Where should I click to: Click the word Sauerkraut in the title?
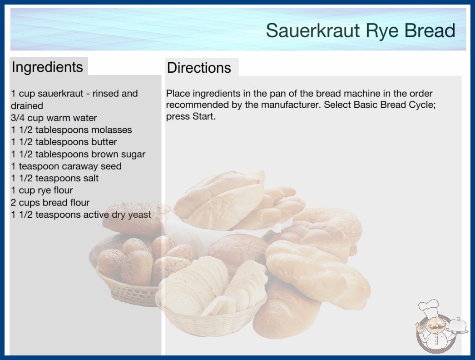coord(313,30)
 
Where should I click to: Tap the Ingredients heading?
coord(47,67)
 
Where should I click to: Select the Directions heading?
coord(199,68)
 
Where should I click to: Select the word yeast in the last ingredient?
coord(139,215)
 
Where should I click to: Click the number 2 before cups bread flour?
coord(13,202)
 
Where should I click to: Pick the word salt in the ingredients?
coord(91,178)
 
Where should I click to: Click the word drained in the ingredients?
coord(27,106)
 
